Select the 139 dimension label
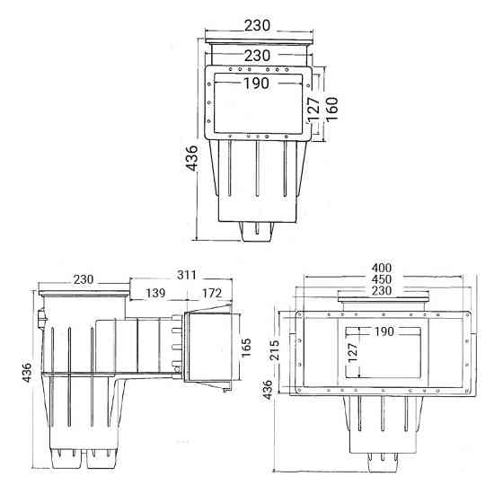pos(154,294)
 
